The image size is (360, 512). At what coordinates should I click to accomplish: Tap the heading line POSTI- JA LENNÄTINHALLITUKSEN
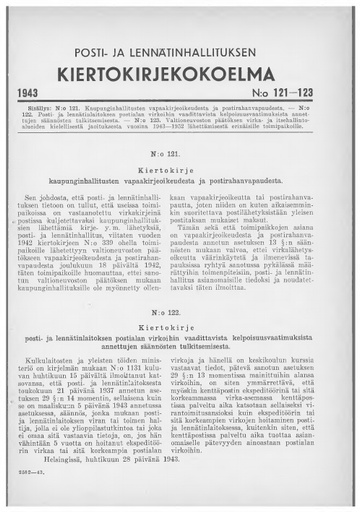tap(180, 51)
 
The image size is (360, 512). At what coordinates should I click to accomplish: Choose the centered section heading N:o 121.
tap(180, 156)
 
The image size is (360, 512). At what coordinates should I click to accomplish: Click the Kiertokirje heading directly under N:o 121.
tap(180, 171)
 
